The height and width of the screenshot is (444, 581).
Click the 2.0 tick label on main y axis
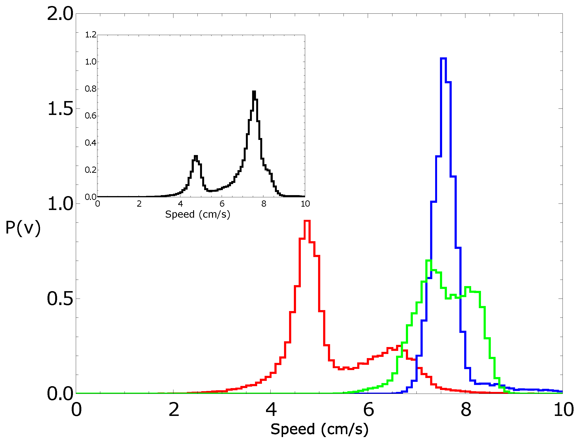(x=60, y=14)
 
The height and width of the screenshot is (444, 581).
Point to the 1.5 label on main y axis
(x=60, y=109)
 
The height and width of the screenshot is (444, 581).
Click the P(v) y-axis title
(x=23, y=228)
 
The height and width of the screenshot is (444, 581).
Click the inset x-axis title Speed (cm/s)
(x=197, y=214)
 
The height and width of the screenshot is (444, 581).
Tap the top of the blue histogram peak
(x=443, y=58)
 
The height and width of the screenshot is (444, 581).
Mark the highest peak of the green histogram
(x=429, y=261)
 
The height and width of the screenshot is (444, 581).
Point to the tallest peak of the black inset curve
(x=254, y=91)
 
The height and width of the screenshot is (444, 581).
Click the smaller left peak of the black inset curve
(x=196, y=156)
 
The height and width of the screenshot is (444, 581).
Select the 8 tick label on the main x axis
(x=466, y=410)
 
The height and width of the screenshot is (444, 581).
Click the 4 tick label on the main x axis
(x=271, y=410)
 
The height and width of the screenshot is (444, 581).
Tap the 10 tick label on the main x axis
(x=563, y=410)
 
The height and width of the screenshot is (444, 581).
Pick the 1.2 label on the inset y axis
(x=91, y=35)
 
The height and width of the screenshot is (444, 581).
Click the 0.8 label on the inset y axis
(x=91, y=89)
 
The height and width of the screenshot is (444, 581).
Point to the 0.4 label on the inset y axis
(x=91, y=143)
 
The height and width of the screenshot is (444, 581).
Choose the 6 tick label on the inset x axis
(x=222, y=204)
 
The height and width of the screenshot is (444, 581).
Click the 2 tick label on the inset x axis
(x=139, y=204)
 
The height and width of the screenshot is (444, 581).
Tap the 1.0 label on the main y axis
(x=60, y=204)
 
